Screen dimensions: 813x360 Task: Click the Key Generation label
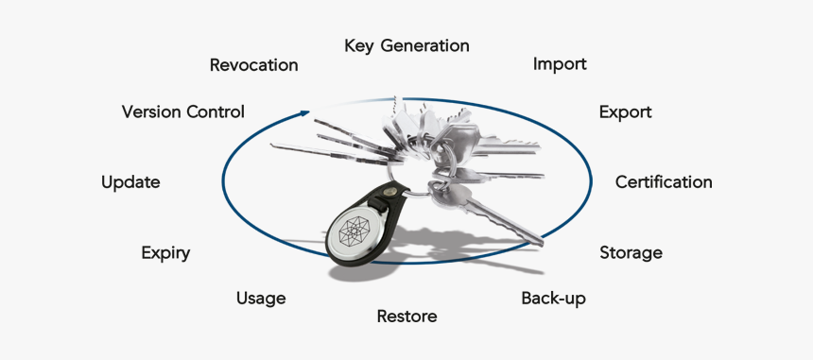point(406,45)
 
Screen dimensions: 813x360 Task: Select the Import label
point(560,64)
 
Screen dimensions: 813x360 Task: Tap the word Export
point(625,111)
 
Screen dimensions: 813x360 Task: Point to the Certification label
point(664,181)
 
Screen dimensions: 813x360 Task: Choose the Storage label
point(631,252)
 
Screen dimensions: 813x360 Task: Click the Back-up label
point(553,299)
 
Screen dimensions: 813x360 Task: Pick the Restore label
point(406,317)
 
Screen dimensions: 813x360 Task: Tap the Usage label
point(261,299)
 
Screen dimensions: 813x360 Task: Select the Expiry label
point(165,252)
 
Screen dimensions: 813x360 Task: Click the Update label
point(130,181)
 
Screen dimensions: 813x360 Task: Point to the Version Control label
point(183,111)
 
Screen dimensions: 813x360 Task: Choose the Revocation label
point(253,65)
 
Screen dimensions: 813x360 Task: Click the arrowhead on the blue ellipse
point(303,112)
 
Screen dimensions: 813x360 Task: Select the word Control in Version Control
point(215,111)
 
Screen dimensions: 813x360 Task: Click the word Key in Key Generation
point(358,45)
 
